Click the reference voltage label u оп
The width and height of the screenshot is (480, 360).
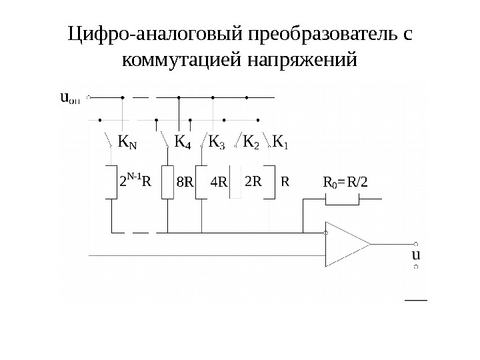point(69,99)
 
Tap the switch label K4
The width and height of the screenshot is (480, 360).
point(183,142)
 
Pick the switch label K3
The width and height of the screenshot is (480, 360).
point(217,142)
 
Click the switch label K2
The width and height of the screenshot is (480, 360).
point(251,142)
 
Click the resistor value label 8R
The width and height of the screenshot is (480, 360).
point(185,181)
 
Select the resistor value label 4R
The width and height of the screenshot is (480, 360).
point(219,181)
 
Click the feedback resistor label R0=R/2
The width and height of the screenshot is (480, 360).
point(345,181)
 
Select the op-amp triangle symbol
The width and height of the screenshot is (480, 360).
point(345,243)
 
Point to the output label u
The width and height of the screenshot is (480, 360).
point(416,255)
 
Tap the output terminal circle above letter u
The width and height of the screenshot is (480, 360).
point(416,244)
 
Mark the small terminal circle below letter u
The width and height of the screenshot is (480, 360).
point(416,267)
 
